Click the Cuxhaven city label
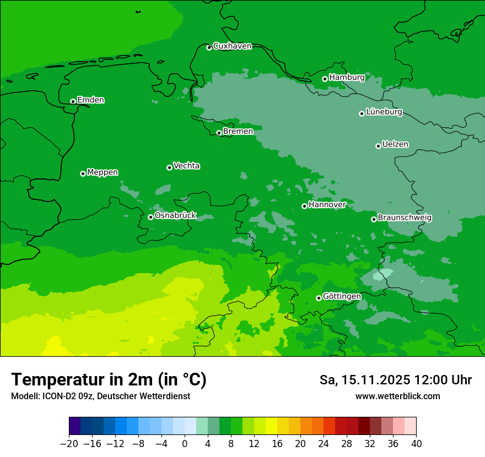pos(232,46)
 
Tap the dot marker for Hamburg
pos(325,79)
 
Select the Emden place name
pos(90,100)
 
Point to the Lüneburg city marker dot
pos(362,113)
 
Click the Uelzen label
pos(395,144)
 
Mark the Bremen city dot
pos(219,133)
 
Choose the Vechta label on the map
pos(186,166)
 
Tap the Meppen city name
pos(103,172)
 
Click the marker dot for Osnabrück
pos(150,217)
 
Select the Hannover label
pos(327,205)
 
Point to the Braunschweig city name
pos(405,218)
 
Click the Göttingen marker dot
pos(319,298)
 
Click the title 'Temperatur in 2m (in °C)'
pos(109,380)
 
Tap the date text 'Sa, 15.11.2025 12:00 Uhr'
pos(395,380)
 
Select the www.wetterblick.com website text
pos(397,396)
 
